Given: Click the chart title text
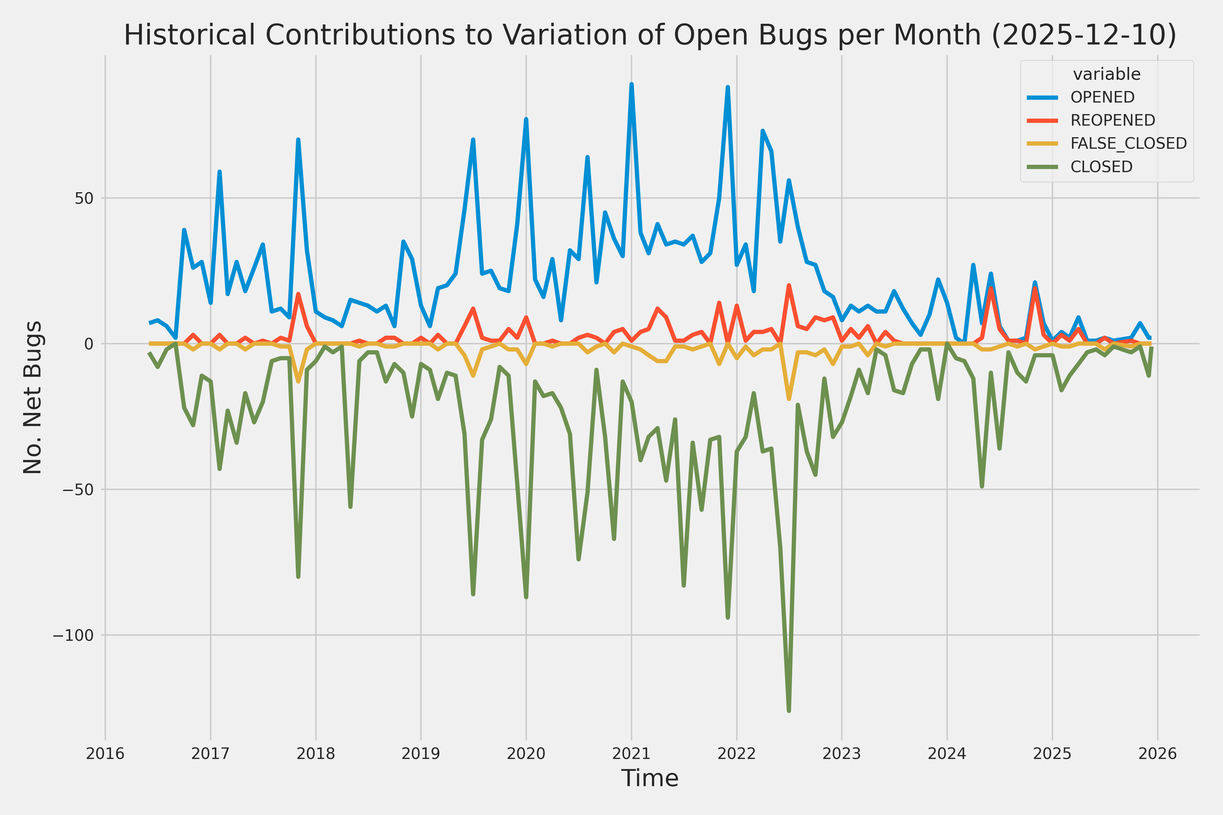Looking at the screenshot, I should [x=650, y=35].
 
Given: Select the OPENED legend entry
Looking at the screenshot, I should [x=1102, y=97].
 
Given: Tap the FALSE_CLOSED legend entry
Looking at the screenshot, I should [x=1128, y=143].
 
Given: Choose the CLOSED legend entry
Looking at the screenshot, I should [x=1101, y=167].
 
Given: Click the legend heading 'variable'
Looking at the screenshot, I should [x=1106, y=74].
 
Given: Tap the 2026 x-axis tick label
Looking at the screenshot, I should [x=1157, y=754].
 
